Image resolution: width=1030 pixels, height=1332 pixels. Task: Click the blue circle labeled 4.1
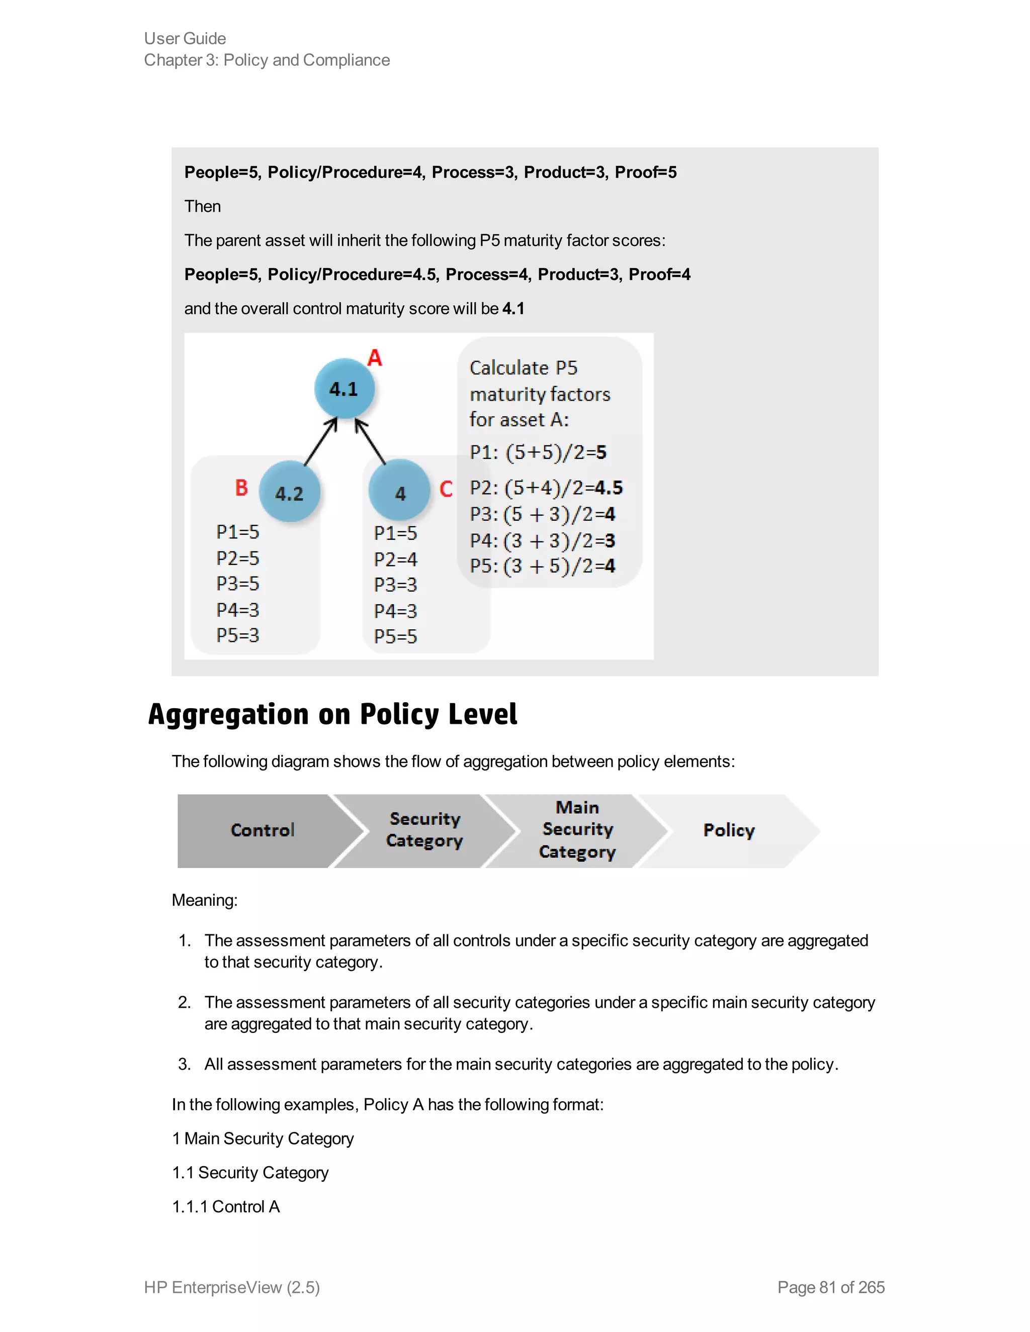[x=344, y=389]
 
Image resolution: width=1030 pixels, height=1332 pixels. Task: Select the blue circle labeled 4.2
[x=289, y=492]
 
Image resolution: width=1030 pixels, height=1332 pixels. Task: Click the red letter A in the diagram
[x=375, y=357]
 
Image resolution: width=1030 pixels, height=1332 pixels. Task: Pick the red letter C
[x=446, y=489]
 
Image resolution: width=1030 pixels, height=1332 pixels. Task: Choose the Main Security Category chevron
[x=577, y=830]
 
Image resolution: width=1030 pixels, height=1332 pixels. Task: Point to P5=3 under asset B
[x=237, y=635]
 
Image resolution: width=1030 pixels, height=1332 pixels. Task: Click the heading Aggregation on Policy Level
[x=332, y=714]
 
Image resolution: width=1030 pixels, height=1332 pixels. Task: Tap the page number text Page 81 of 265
[x=830, y=1287]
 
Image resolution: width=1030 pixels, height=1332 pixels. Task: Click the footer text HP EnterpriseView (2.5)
[x=232, y=1287]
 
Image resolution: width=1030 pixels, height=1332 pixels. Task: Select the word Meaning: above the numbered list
[x=204, y=900]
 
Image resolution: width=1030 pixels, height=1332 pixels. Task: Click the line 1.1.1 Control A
[x=226, y=1206]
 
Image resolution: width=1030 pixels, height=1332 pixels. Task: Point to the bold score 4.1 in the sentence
[x=513, y=309]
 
